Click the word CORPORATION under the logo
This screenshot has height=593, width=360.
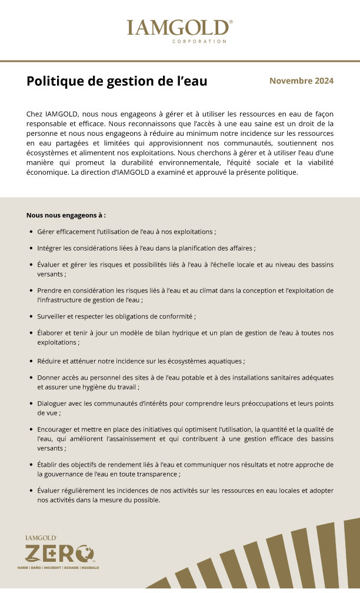click(199, 42)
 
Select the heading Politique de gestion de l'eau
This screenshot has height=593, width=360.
click(116, 81)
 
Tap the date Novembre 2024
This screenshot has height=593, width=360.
click(301, 81)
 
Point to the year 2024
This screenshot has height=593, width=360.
click(323, 81)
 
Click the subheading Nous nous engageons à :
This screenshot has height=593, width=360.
click(66, 215)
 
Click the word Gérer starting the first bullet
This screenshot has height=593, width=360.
click(45, 232)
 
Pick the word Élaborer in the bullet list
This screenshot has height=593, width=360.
click(51, 332)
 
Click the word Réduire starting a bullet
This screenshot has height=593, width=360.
click(49, 360)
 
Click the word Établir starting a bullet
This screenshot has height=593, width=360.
click(48, 465)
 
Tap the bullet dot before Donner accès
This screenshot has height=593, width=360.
click(31, 377)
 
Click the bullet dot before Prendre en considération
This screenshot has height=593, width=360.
click(31, 291)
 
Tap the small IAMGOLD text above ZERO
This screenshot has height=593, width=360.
click(41, 538)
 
